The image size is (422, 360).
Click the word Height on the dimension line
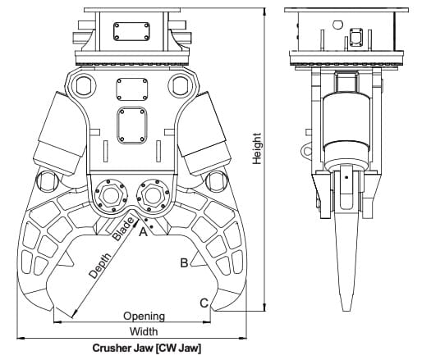pyautogui.click(x=257, y=148)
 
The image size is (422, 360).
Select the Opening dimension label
pyautogui.click(x=144, y=316)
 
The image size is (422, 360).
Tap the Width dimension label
pyautogui.click(x=144, y=331)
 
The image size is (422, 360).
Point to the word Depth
pyautogui.click(x=100, y=266)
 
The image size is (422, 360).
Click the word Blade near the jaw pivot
pyautogui.click(x=123, y=229)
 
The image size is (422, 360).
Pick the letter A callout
pyautogui.click(x=144, y=232)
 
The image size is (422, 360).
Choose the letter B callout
pyautogui.click(x=184, y=263)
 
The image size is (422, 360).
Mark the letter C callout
pyautogui.click(x=204, y=303)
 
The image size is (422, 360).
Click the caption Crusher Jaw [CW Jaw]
pyautogui.click(x=147, y=348)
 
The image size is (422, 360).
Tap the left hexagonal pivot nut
pyautogui.click(x=110, y=195)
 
